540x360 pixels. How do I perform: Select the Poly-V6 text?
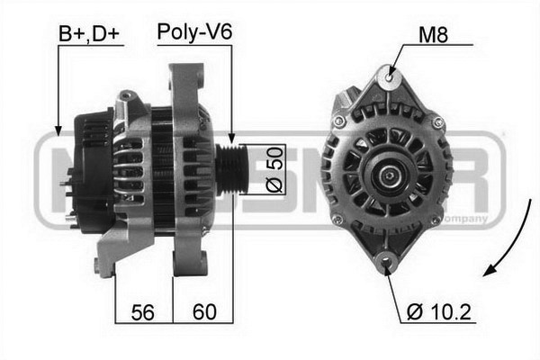[x=194, y=33]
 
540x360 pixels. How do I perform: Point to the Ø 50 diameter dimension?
[x=275, y=170]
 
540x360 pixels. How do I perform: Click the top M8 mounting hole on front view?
[x=389, y=77]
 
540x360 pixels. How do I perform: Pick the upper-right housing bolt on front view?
[x=437, y=121]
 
